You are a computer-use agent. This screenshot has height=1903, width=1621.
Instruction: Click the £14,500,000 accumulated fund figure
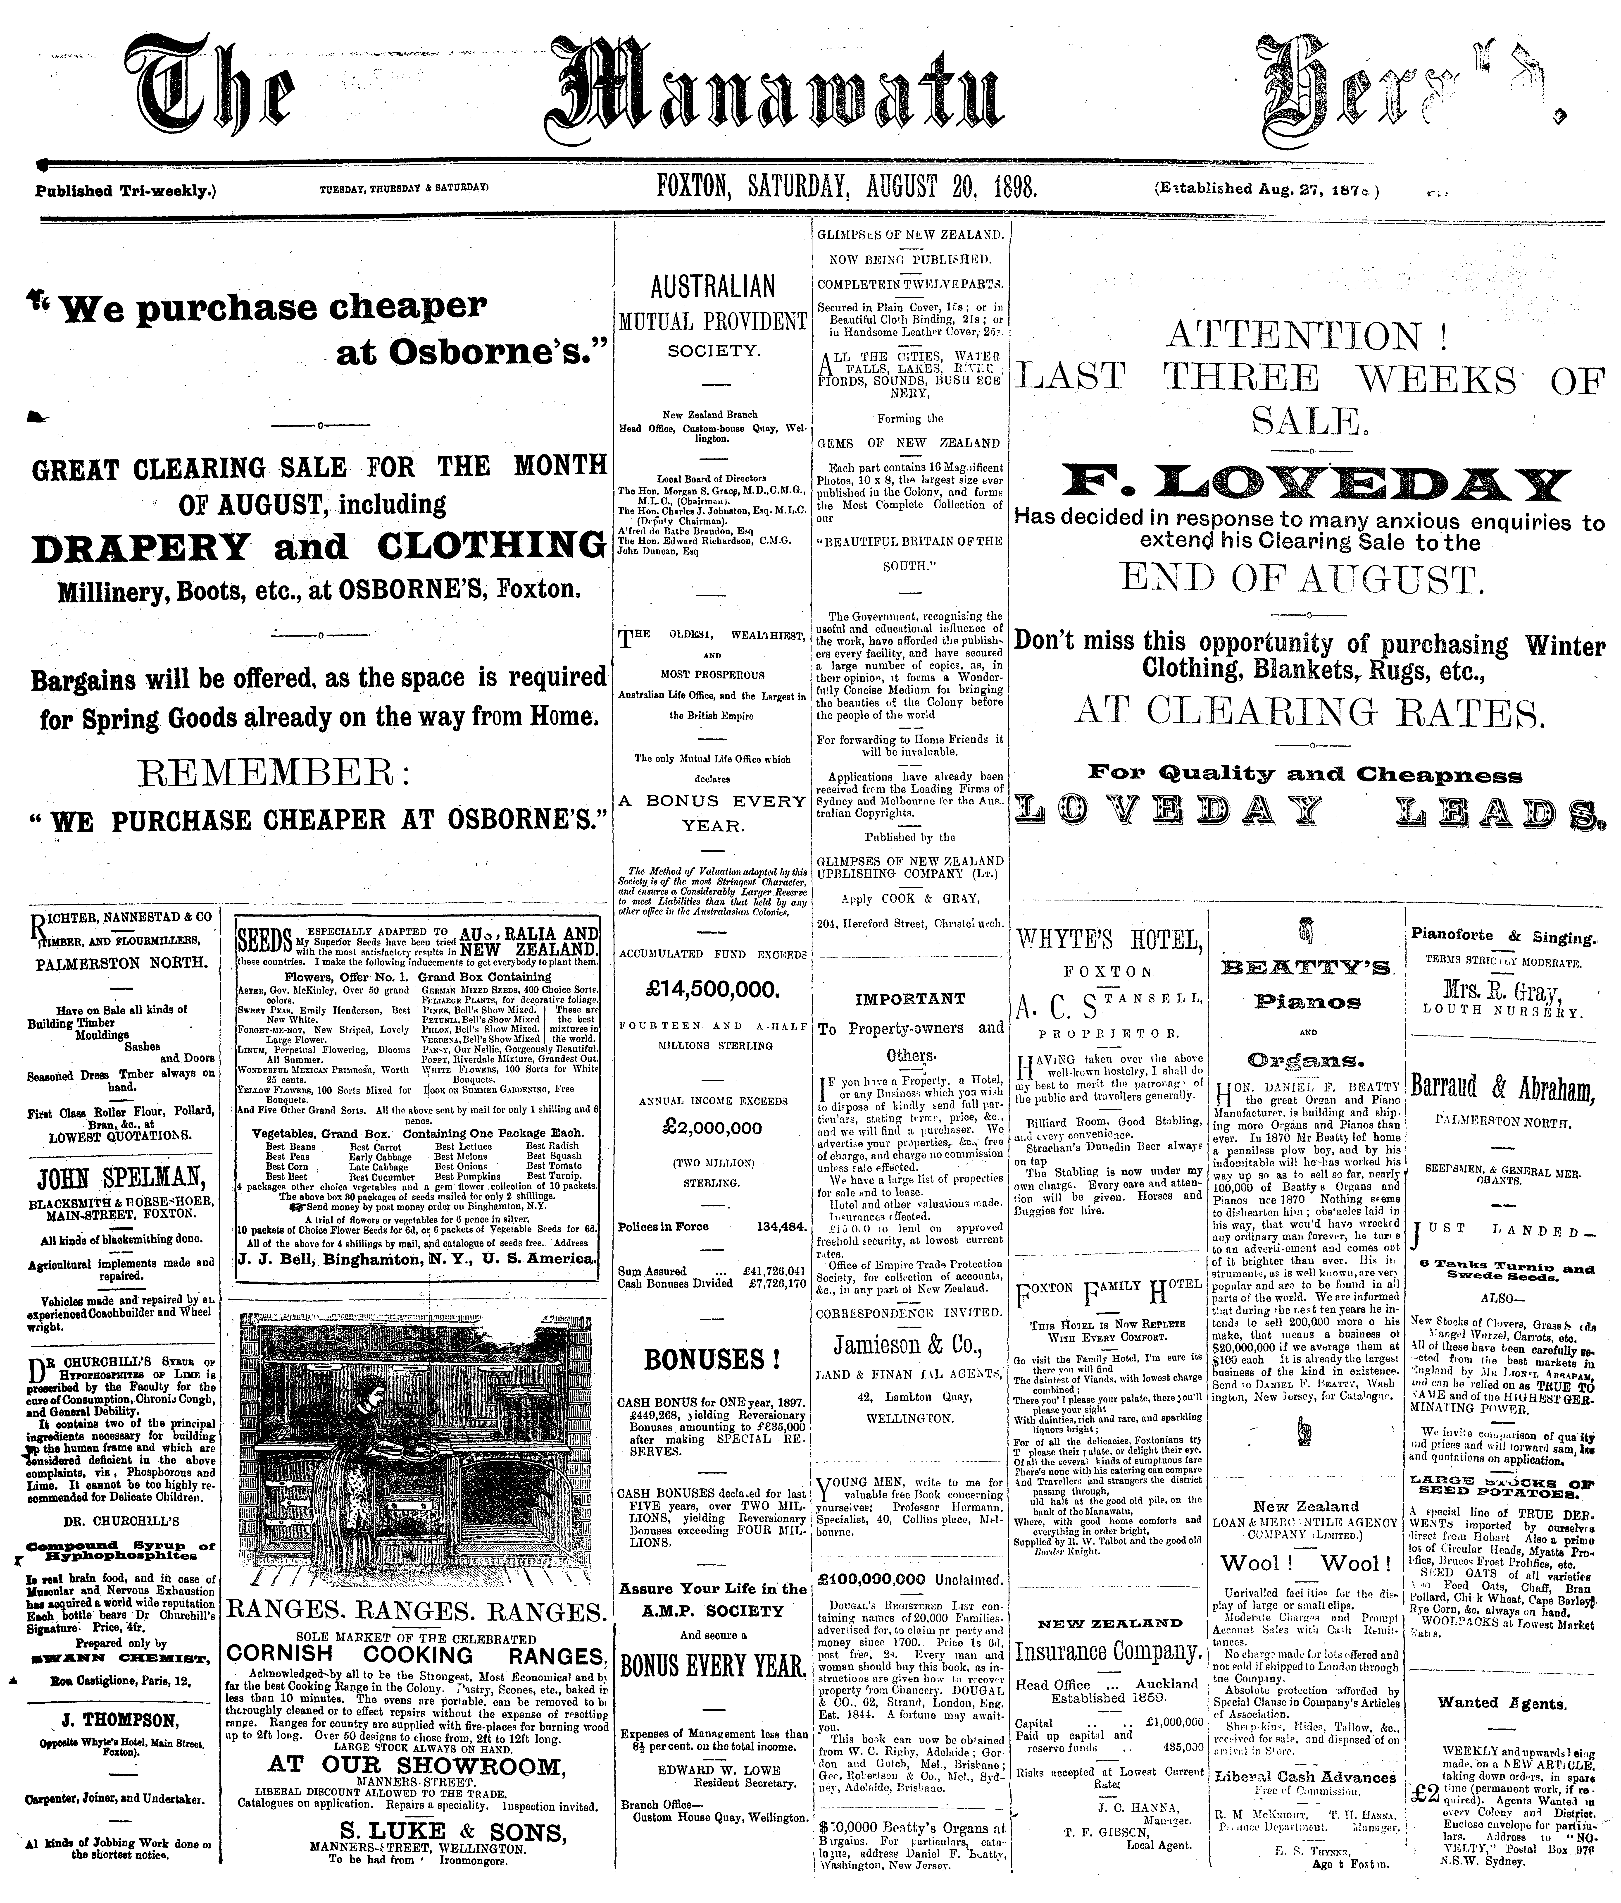click(x=713, y=990)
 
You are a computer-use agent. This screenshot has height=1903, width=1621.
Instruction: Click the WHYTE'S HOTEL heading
click(x=1109, y=940)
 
